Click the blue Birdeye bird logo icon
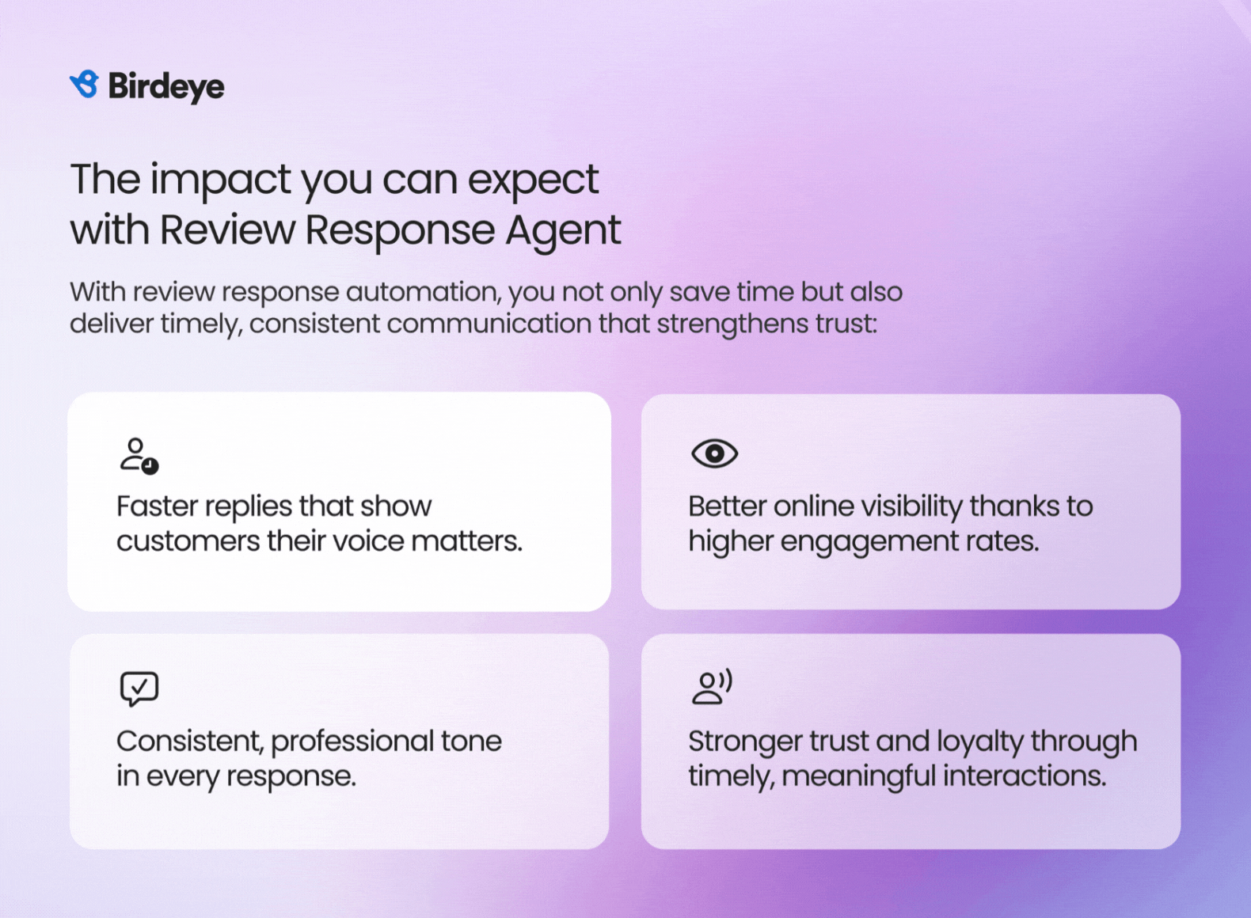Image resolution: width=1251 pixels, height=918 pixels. (85, 84)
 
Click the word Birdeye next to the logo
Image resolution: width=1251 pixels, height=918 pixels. (166, 87)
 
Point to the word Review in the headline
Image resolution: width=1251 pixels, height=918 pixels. (228, 229)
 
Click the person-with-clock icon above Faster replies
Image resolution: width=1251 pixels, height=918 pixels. (139, 457)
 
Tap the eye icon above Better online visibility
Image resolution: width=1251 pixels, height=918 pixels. (714, 453)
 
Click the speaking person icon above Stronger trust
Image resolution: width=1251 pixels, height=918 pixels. (712, 687)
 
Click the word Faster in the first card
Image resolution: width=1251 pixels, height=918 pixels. (158, 506)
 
